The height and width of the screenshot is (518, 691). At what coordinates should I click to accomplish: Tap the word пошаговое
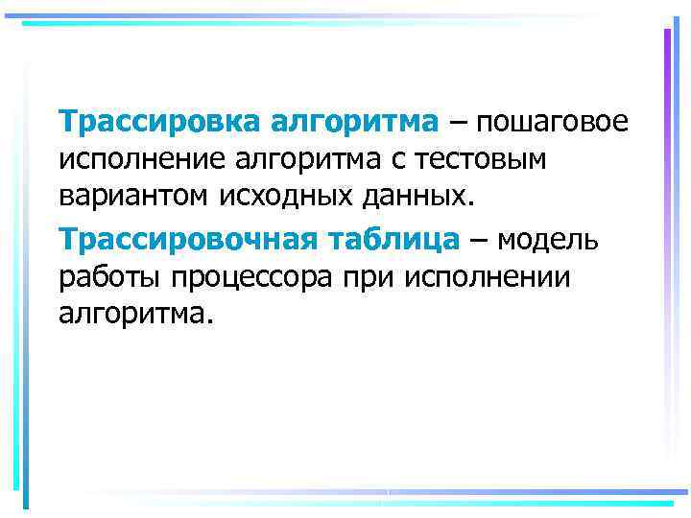coord(550,122)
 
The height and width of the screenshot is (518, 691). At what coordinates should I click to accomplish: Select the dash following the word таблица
coord(479,239)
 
